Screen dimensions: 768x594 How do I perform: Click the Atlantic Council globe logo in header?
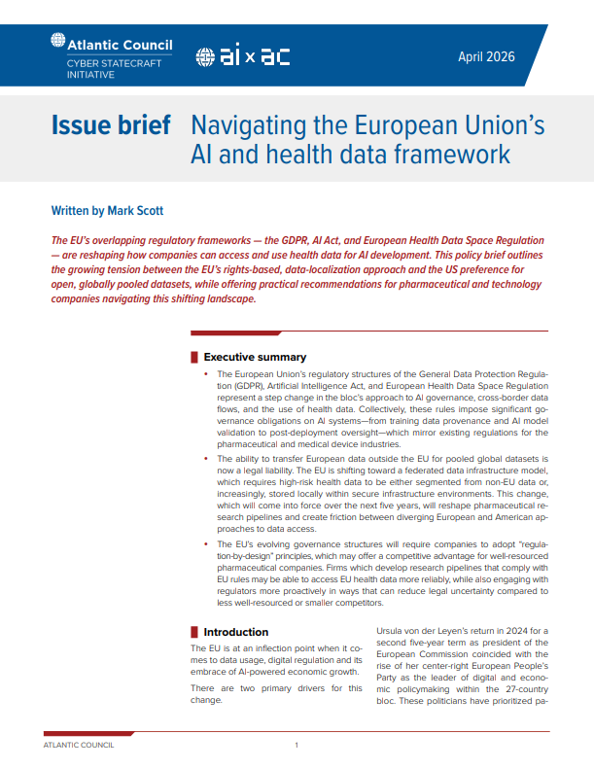pos(57,43)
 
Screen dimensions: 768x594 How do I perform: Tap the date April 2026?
pos(486,56)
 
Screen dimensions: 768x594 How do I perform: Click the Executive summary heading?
pos(255,357)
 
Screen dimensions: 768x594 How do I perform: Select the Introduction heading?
pos(236,632)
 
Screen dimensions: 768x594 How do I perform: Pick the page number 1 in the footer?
pos(297,745)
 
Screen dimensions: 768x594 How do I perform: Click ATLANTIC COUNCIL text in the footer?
pos(79,745)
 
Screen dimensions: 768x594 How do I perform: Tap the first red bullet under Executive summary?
pos(206,374)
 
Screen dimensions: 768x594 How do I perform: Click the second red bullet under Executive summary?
pos(206,457)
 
